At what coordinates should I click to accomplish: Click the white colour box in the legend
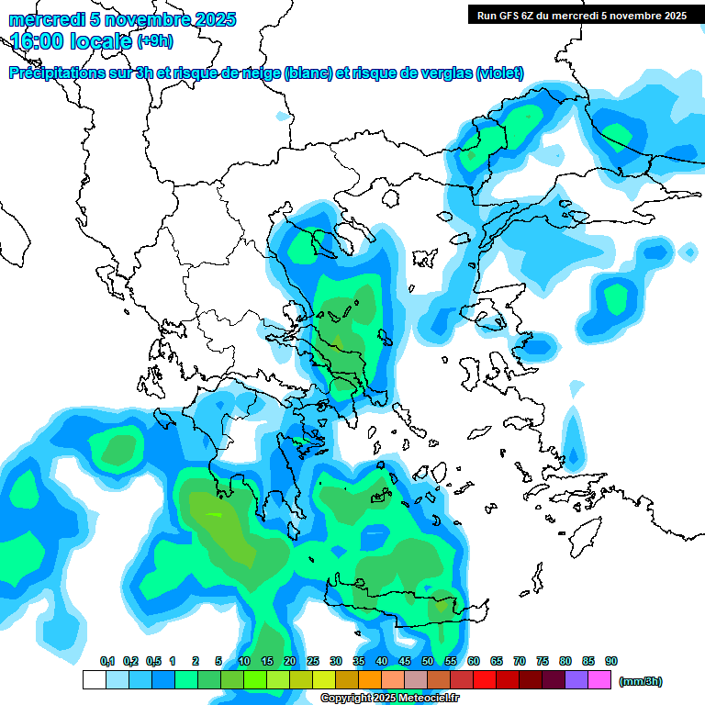(95, 680)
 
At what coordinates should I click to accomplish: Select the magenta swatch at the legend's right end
(599, 680)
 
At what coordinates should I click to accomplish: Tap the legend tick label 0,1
(107, 661)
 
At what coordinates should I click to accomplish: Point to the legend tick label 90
(611, 661)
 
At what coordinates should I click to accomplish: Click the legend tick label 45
(405, 661)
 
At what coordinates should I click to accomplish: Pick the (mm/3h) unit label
(641, 681)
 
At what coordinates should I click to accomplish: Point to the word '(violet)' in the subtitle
(500, 73)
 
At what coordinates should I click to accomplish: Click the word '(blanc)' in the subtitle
(308, 73)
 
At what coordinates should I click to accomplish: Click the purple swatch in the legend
(576, 680)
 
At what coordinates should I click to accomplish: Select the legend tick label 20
(290, 661)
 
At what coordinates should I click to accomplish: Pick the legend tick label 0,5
(153, 661)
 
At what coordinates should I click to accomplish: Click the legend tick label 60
(474, 661)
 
